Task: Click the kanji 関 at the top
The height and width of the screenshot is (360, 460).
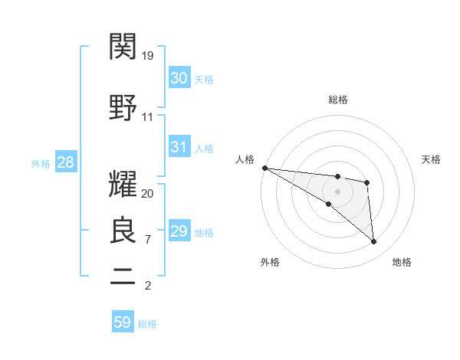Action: (x=123, y=47)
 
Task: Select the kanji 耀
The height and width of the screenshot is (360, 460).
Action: (x=123, y=186)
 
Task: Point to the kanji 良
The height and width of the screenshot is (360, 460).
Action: (x=123, y=230)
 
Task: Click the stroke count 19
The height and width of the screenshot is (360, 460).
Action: (x=148, y=56)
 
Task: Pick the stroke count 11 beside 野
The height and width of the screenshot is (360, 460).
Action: (x=148, y=117)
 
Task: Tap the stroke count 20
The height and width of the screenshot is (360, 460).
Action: (x=148, y=194)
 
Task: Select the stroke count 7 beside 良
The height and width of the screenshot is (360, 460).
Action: (x=148, y=240)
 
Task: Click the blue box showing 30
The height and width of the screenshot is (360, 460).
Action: (x=179, y=78)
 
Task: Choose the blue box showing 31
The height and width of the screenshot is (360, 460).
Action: (x=179, y=147)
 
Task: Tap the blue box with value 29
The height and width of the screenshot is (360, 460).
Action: (x=179, y=231)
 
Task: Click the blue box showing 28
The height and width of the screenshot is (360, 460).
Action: (x=65, y=162)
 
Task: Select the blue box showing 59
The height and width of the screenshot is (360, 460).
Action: (x=123, y=322)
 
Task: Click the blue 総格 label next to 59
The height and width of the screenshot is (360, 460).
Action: (x=148, y=324)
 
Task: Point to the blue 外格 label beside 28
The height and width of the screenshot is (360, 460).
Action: (x=41, y=163)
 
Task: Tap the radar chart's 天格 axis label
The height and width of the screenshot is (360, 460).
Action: (x=431, y=159)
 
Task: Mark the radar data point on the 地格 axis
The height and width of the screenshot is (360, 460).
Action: (x=374, y=242)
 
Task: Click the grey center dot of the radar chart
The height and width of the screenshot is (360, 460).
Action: (x=338, y=191)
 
